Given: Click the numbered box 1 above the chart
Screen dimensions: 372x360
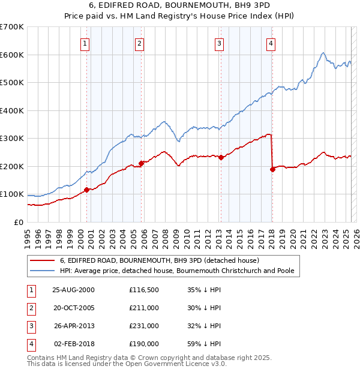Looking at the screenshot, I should click(x=85, y=43).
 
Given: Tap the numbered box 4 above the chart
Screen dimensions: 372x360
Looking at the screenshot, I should click(x=271, y=43).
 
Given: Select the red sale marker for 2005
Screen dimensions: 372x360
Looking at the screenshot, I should click(x=142, y=163).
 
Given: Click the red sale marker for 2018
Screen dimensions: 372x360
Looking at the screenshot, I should click(x=272, y=169).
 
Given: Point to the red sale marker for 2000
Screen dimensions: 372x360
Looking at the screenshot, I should click(x=87, y=190).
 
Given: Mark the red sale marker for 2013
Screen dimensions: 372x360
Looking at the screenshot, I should click(x=221, y=158).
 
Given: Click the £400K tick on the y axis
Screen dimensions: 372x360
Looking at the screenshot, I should click(x=12, y=110).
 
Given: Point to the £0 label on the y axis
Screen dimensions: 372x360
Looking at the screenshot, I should click(x=19, y=222).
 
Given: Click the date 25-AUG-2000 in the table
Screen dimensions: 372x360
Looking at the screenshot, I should click(x=74, y=290).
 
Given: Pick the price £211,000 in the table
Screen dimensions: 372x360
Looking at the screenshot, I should click(x=144, y=308).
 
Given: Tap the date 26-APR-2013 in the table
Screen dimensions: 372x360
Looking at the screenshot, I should click(x=74, y=326).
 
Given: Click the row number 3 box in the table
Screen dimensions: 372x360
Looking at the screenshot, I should click(x=31, y=326).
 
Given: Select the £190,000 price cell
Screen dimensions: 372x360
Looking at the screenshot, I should click(x=144, y=344).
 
